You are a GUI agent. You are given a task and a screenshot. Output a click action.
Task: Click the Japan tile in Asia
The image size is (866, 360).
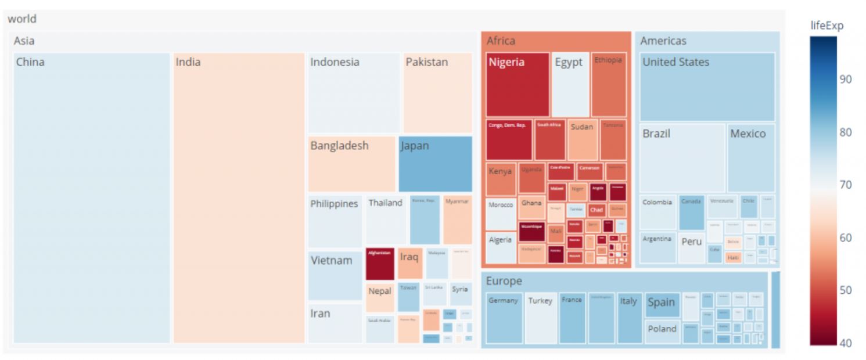(435, 164)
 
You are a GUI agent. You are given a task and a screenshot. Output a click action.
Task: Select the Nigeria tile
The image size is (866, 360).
(518, 85)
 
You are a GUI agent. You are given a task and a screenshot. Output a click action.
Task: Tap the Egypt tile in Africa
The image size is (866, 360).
(570, 85)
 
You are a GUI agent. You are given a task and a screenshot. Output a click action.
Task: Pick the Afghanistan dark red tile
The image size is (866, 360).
(380, 264)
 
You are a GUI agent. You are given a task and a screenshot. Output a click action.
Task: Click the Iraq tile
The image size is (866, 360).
(410, 263)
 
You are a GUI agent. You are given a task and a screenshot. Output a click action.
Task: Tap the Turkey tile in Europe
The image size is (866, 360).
(541, 318)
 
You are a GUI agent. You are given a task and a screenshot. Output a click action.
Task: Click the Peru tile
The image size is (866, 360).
(691, 247)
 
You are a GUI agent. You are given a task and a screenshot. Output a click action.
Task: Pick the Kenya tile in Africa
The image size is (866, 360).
(500, 179)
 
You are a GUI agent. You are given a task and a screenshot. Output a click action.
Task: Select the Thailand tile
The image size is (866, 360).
(385, 220)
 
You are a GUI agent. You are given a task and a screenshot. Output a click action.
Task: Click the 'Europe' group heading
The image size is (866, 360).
(504, 281)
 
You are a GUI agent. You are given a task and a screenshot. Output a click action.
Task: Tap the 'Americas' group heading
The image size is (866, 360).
(663, 41)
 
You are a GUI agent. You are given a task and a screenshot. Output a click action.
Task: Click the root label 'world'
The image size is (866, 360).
(22, 19)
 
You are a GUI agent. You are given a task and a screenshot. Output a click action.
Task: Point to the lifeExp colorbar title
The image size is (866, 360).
(827, 26)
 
